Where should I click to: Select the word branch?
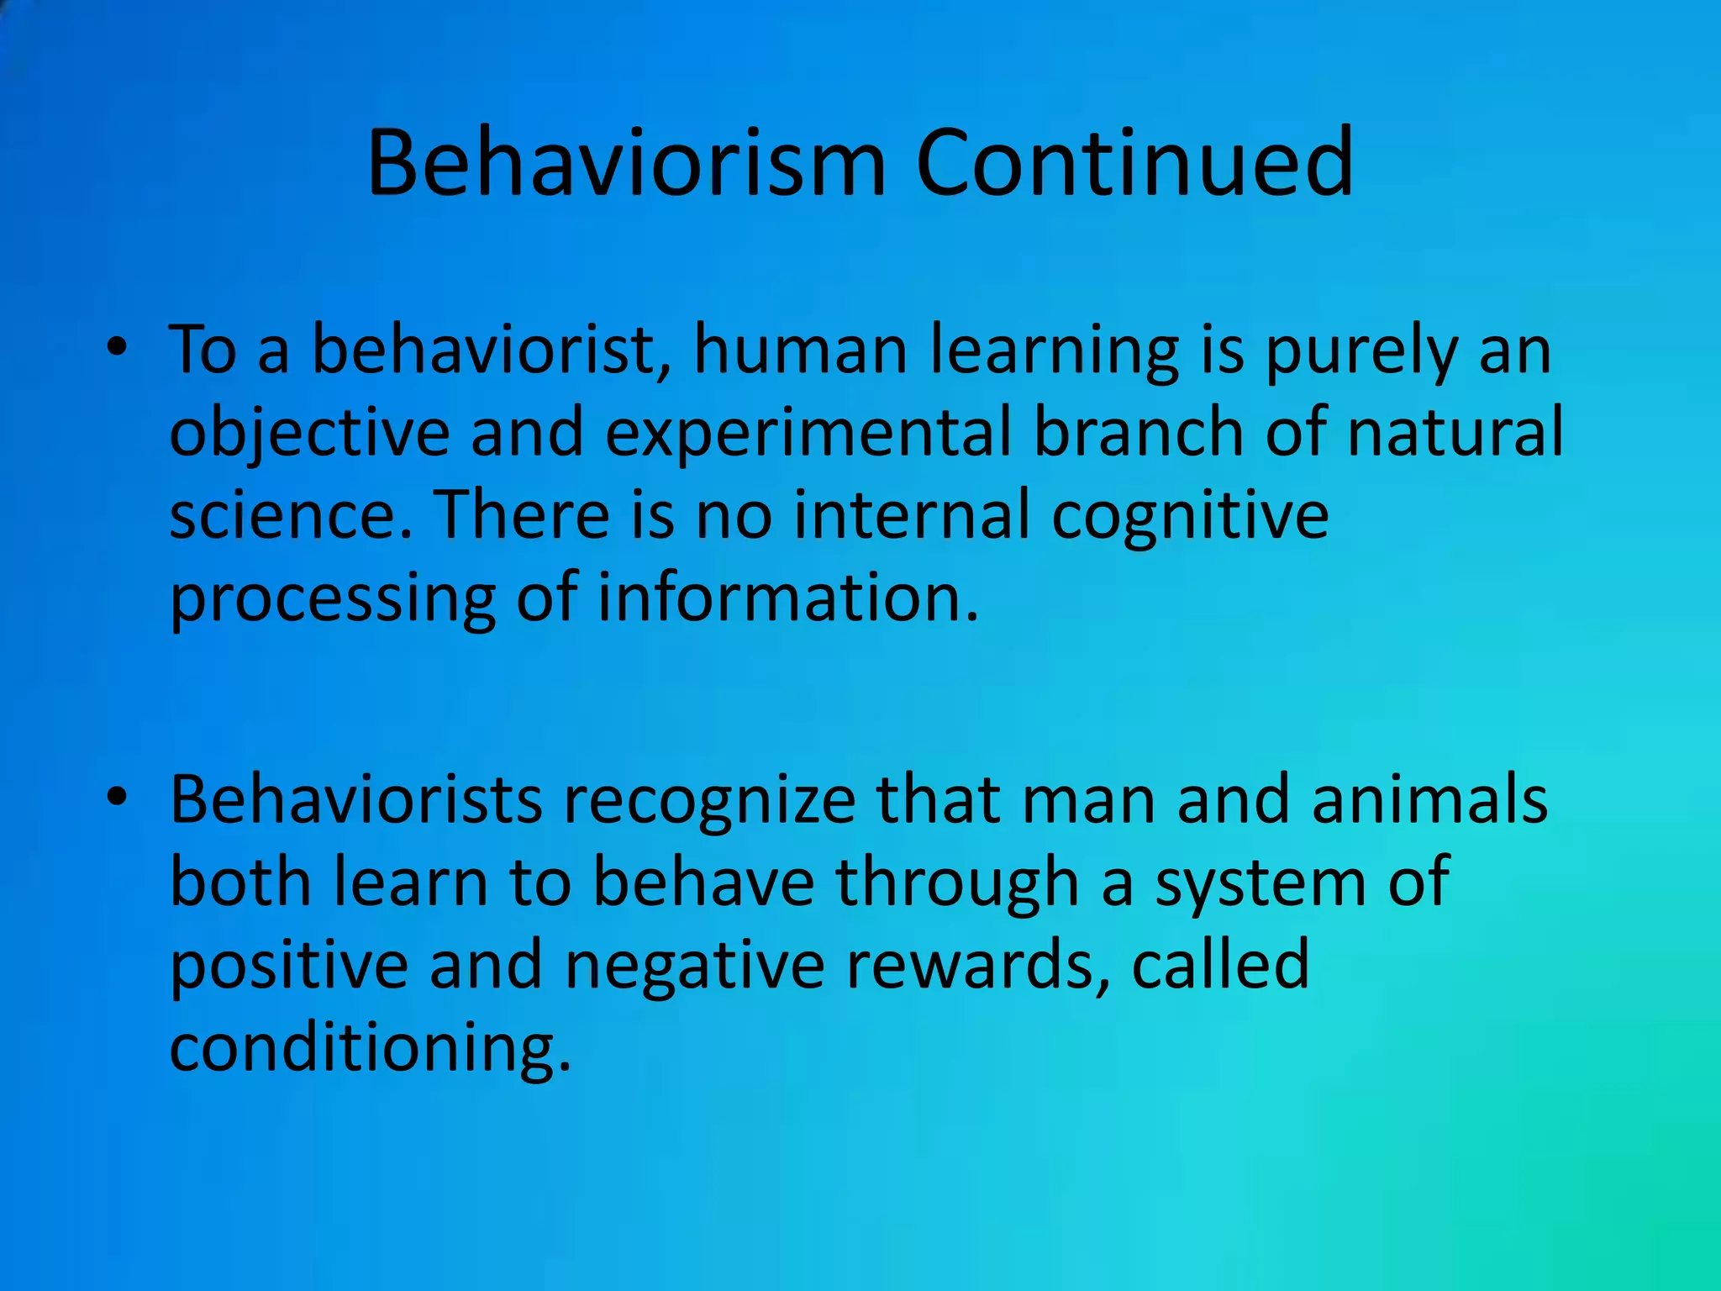[1138, 432]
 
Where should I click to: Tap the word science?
[291, 514]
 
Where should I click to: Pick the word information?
[788, 597]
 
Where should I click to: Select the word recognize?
[708, 802]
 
